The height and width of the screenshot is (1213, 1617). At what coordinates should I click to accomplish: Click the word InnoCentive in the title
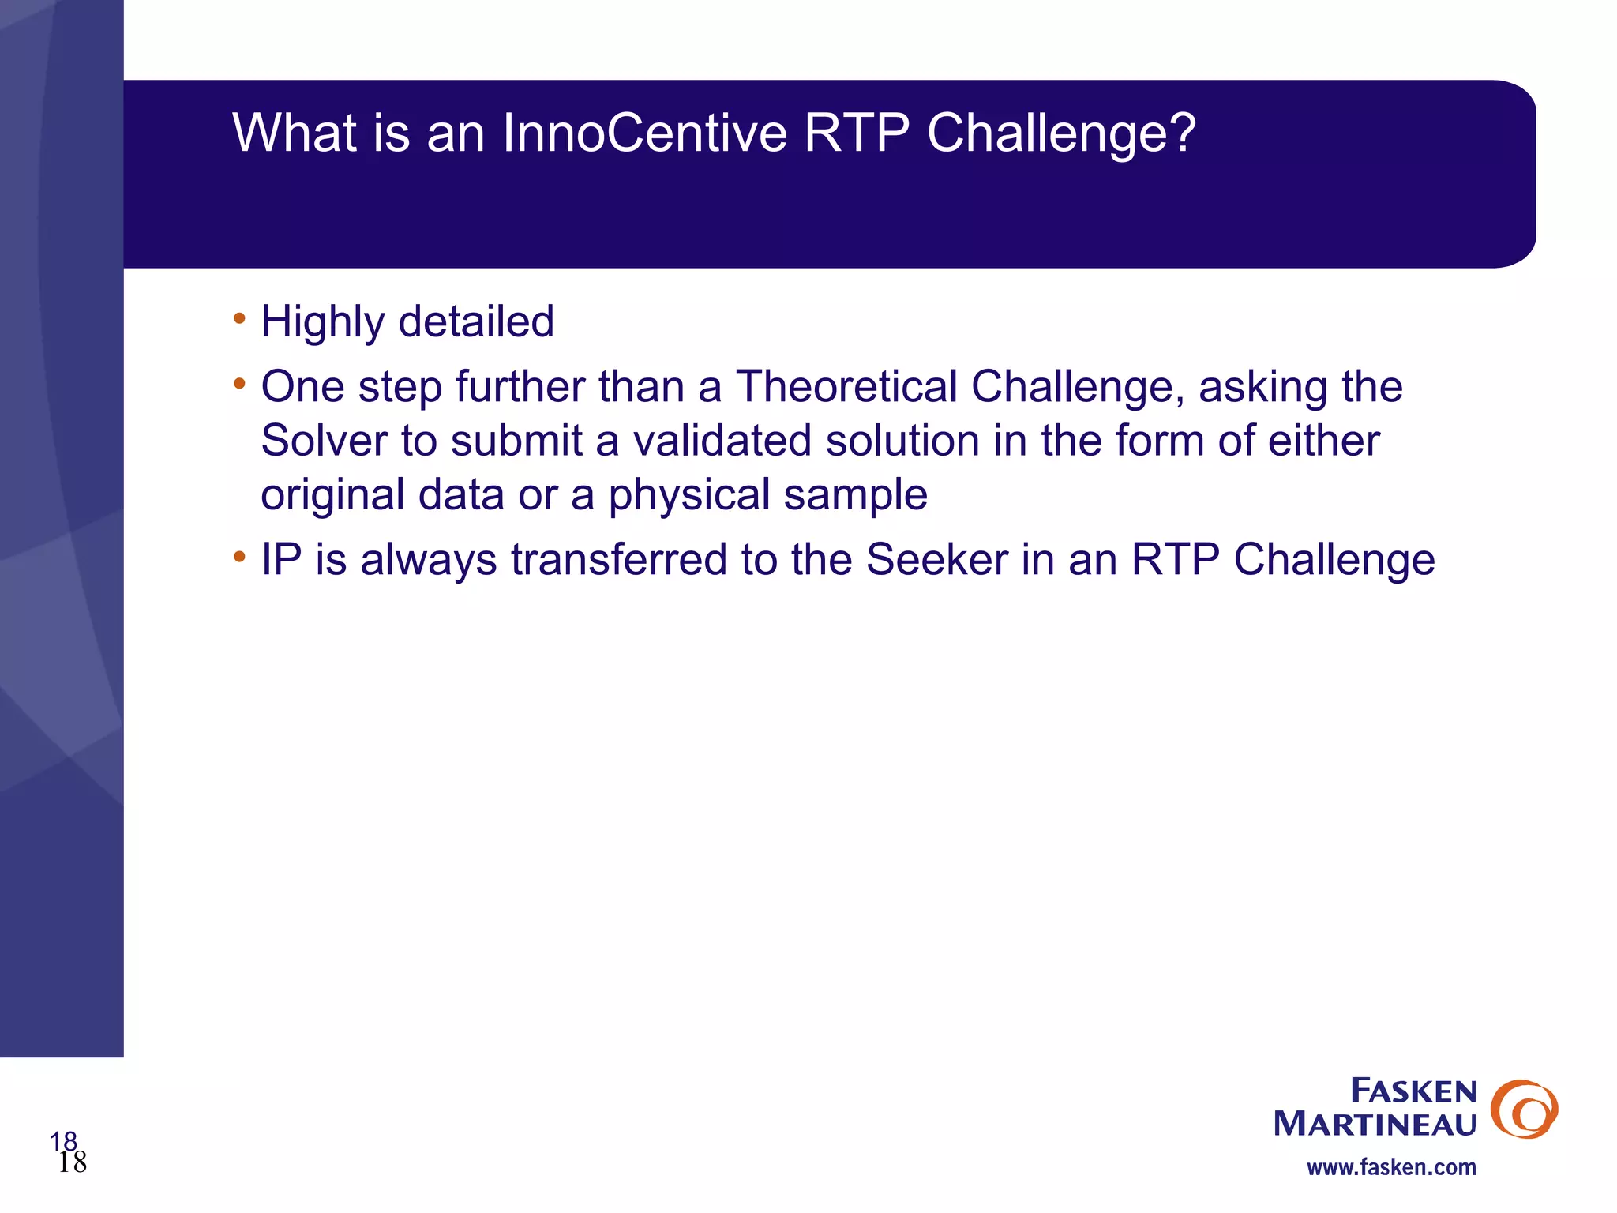click(x=644, y=133)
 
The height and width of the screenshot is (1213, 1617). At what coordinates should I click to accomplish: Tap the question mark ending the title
click(x=1182, y=133)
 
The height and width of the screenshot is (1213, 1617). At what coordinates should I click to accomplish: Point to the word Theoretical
click(x=846, y=387)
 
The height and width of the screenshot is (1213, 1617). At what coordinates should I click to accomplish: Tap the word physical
click(x=688, y=496)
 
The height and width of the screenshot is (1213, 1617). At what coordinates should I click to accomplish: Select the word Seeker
click(x=936, y=560)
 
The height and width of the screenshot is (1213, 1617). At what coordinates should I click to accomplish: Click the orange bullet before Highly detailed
click(x=239, y=320)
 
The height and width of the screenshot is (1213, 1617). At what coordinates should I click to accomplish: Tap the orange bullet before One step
click(x=239, y=385)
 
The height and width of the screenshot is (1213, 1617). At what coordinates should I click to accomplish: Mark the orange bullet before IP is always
click(x=239, y=558)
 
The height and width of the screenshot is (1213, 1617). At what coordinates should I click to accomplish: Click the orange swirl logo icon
click(x=1523, y=1109)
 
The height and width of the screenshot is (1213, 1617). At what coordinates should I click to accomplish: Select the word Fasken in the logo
click(x=1413, y=1091)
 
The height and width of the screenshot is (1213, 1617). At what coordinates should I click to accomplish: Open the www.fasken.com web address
click(x=1391, y=1167)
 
